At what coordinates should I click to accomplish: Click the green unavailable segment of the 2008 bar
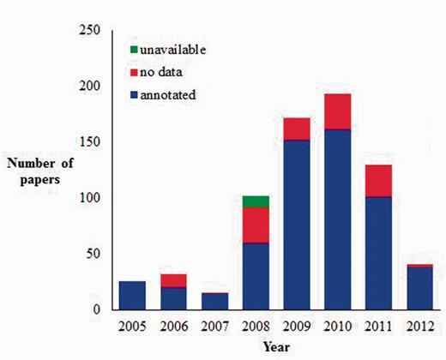[256, 201]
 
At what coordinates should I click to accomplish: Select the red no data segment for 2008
[256, 225]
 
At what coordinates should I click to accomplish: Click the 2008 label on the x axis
[256, 327]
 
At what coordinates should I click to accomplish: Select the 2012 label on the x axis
[428, 327]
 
